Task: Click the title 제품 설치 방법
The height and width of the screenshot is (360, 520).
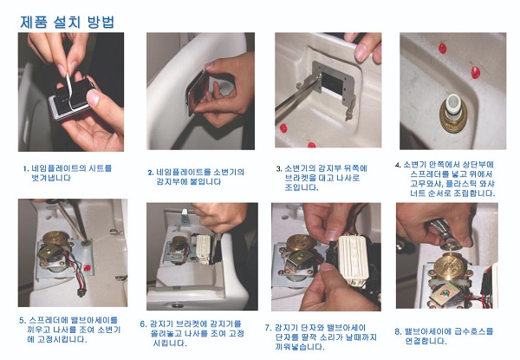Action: click(68, 22)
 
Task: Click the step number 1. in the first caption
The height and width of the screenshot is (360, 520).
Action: click(26, 168)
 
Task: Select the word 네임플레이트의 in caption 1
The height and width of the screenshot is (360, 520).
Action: click(59, 168)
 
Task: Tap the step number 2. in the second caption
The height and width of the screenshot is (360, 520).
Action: click(151, 173)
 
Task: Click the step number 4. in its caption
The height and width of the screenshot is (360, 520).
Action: click(398, 165)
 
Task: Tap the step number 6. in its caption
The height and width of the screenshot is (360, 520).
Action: click(143, 324)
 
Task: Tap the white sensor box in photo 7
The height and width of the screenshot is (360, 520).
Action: click(354, 257)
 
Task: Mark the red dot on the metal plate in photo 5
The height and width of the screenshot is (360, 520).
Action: click(88, 267)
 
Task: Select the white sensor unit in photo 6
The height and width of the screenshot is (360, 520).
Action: click(203, 249)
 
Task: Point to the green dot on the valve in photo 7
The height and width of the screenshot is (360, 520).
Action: click(301, 256)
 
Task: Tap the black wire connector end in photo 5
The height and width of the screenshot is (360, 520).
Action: click(81, 292)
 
